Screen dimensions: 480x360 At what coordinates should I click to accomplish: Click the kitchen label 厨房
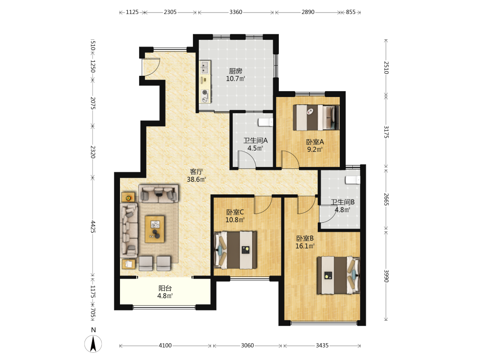click(235, 71)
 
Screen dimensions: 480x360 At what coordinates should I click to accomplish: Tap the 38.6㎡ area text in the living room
click(196, 180)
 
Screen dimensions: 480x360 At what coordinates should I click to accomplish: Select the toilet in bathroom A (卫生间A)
click(265, 122)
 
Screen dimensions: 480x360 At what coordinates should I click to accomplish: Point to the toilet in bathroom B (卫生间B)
click(352, 180)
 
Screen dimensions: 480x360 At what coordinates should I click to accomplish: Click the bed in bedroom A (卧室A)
click(316, 118)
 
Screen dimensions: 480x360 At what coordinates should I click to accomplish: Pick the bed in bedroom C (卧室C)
click(235, 250)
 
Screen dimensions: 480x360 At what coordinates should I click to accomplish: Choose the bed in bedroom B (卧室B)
click(338, 275)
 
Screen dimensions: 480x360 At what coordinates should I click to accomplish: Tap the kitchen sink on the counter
click(205, 67)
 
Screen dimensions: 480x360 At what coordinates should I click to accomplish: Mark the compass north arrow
click(94, 344)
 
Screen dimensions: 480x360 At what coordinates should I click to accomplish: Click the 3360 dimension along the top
click(236, 12)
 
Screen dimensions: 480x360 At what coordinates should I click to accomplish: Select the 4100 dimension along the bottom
click(165, 346)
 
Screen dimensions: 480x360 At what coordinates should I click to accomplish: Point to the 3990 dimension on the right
click(386, 276)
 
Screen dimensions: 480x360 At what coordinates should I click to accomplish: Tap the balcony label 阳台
click(165, 288)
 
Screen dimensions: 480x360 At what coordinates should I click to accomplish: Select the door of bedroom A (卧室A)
click(290, 159)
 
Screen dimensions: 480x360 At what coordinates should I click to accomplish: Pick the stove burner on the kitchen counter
click(205, 92)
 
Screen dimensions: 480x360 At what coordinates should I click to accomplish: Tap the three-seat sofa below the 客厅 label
click(158, 193)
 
